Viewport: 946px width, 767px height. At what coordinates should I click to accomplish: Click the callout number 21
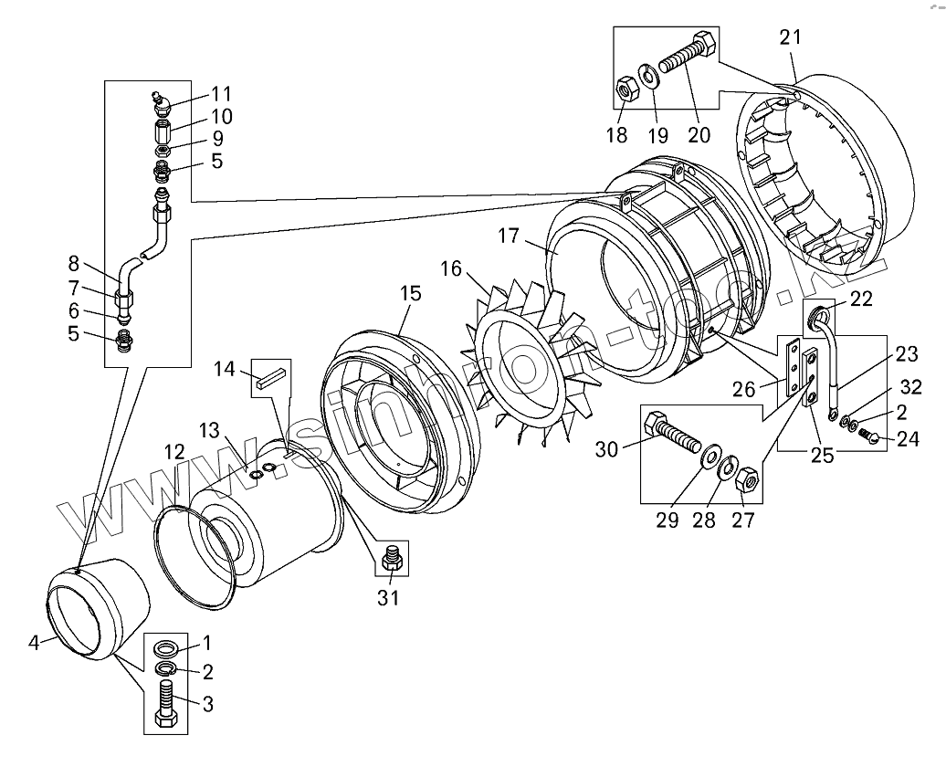pyautogui.click(x=790, y=37)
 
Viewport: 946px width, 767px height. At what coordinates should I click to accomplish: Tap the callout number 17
pyautogui.click(x=509, y=236)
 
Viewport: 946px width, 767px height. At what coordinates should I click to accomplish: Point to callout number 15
pyautogui.click(x=410, y=293)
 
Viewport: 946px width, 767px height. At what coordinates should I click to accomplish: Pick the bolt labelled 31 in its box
pyautogui.click(x=394, y=558)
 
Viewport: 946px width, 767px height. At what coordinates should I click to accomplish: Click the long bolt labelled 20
pyautogui.click(x=684, y=56)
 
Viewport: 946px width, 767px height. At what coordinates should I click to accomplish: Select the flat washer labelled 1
pyautogui.click(x=167, y=649)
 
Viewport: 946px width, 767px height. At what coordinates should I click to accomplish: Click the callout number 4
pyautogui.click(x=35, y=643)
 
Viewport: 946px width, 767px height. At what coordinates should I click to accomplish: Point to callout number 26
pyautogui.click(x=744, y=389)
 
